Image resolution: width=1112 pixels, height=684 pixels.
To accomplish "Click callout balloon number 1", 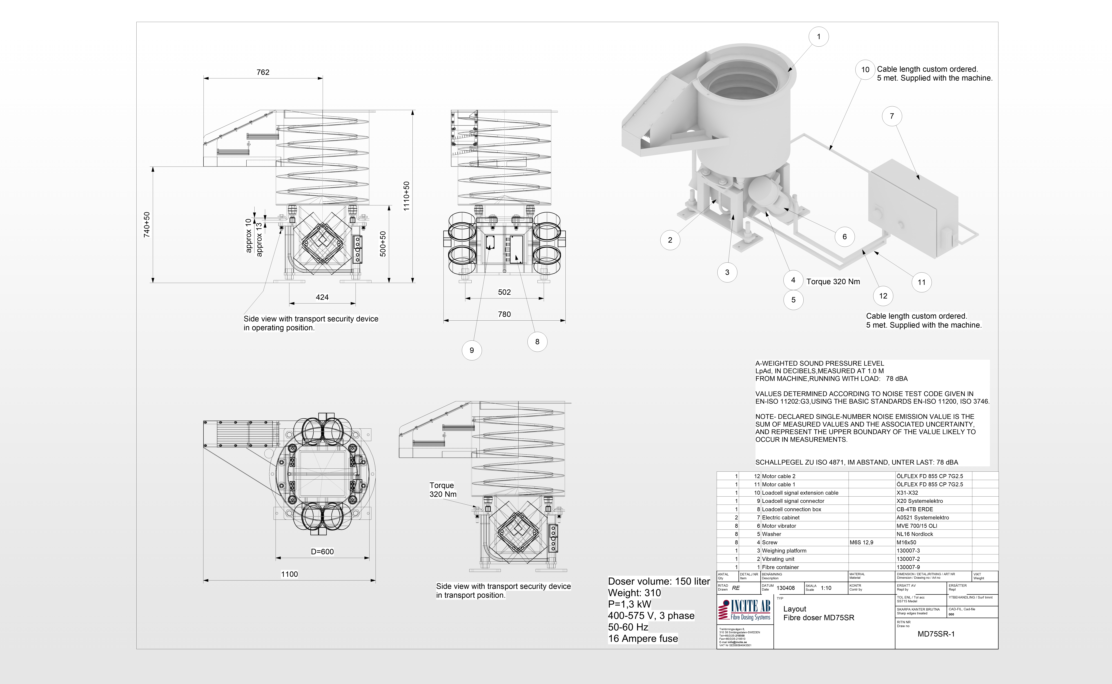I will tap(818, 37).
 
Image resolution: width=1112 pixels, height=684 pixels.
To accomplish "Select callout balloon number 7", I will tap(892, 116).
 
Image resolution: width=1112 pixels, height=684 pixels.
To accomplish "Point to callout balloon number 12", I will tap(883, 296).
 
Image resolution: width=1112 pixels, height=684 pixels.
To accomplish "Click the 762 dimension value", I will tap(263, 72).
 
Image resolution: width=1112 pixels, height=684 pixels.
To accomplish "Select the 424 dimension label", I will tap(322, 297).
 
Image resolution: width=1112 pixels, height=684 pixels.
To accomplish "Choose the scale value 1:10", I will tap(826, 588).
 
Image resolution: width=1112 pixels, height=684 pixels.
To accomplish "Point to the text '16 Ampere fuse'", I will tap(643, 639).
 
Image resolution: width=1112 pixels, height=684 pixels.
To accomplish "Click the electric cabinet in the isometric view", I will tap(913, 208).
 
